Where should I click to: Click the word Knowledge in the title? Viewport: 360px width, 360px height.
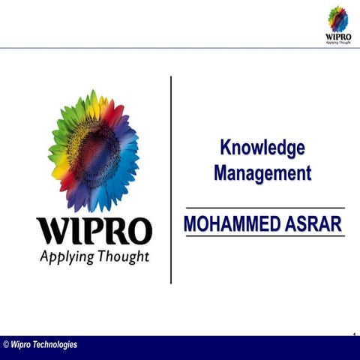[262, 148]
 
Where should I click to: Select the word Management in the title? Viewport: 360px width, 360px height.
[262, 174]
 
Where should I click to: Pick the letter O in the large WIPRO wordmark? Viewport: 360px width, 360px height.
[139, 231]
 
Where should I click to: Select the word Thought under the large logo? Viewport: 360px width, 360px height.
[124, 256]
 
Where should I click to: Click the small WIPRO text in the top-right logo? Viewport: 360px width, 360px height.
[337, 35]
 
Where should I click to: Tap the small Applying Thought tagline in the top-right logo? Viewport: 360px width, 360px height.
[337, 42]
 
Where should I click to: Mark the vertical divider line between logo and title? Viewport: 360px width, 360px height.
[171, 180]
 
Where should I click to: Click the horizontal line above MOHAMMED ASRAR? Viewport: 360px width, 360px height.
[265, 208]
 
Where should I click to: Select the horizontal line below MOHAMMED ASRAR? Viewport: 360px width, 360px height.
[265, 236]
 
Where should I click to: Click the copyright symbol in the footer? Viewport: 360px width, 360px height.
[6, 345]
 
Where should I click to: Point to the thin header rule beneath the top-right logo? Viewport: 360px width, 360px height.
[180, 49]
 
